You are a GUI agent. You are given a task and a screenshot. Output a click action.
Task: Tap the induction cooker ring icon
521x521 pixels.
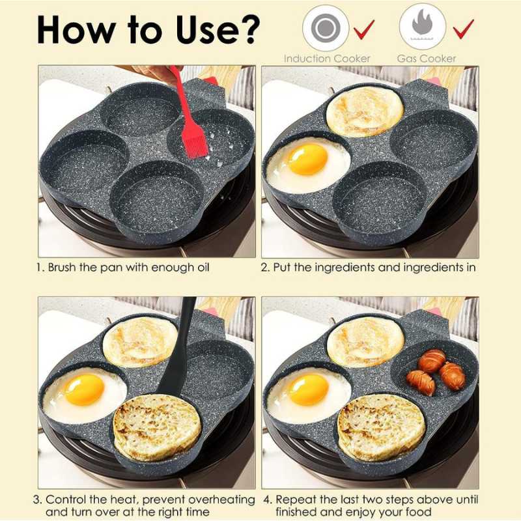[324, 28]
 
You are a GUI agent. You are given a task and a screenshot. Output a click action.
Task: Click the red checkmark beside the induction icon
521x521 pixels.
[365, 29]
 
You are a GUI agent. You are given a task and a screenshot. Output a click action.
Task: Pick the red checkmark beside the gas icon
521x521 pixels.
[463, 29]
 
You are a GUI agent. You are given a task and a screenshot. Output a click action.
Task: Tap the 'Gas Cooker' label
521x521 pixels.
[427, 58]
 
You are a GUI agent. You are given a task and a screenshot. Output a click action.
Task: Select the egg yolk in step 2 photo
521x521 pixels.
[307, 159]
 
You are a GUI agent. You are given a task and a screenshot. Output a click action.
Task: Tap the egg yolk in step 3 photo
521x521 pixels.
[84, 389]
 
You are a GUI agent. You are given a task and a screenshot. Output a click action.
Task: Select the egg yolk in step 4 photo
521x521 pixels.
[308, 389]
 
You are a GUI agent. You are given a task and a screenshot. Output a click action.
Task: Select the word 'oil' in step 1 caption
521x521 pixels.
[203, 268]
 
